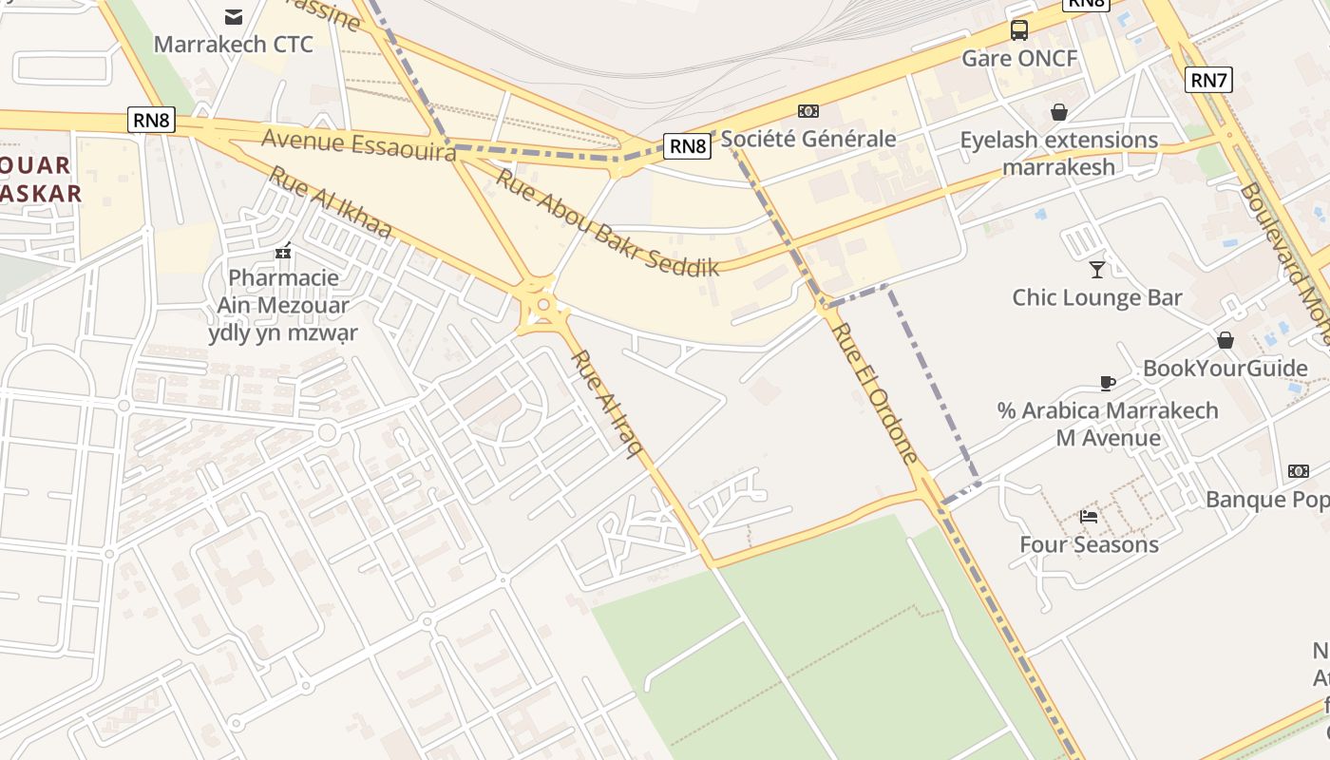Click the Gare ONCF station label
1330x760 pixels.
pos(1019,59)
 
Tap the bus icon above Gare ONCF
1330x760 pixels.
pos(1019,30)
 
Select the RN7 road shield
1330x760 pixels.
pos(1208,80)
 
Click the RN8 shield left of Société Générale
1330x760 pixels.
pos(688,145)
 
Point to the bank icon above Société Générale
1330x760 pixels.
pos(808,111)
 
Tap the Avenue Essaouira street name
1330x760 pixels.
pos(358,145)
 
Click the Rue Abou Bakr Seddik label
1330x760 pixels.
pos(608,221)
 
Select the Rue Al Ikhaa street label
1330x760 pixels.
pos(330,202)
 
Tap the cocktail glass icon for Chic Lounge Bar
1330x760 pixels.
pos(1097,269)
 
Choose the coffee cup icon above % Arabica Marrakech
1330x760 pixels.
pos(1107,383)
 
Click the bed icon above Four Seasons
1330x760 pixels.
pos(1089,517)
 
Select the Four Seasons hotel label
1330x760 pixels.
pos(1089,544)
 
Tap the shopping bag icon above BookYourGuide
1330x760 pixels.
pos(1225,340)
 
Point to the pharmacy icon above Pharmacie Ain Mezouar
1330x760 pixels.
pos(282,252)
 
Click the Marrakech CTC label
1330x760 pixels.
pos(233,45)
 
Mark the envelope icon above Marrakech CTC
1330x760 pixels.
pos(233,16)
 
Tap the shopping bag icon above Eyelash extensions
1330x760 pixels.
pos(1059,112)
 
